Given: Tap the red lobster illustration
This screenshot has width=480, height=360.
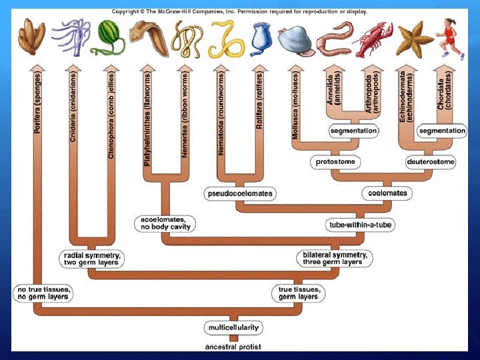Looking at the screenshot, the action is tap(373, 39).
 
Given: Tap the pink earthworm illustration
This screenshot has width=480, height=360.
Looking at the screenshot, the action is tap(334, 39).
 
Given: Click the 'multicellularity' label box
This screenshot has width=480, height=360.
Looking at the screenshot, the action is tap(233, 328).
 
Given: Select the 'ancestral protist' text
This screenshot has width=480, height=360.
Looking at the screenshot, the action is tap(233, 347).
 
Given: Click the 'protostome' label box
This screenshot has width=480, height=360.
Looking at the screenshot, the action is tap(335, 162).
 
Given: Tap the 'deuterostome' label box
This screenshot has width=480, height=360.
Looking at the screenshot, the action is tap(431, 162).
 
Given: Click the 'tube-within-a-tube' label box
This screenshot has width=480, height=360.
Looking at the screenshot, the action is tap(359, 225).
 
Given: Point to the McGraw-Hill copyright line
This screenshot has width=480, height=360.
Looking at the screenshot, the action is tap(239, 11).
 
